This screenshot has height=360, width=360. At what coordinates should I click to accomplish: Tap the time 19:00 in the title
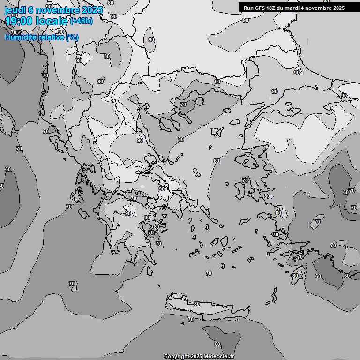click(x=22, y=21)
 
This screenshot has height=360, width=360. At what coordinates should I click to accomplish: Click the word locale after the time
click(x=54, y=21)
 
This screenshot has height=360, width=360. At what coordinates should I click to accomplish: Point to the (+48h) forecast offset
click(x=81, y=21)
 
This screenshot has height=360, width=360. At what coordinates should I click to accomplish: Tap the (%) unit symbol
click(x=72, y=37)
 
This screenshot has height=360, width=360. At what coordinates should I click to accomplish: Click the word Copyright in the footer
click(x=176, y=357)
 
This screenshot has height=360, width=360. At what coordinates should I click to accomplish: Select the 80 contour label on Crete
click(x=197, y=304)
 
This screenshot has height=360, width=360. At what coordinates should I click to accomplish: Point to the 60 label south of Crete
click(x=217, y=344)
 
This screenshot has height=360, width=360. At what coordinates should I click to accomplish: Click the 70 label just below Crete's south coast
click(x=191, y=319)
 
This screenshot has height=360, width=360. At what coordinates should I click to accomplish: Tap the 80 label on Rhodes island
click(x=294, y=276)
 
